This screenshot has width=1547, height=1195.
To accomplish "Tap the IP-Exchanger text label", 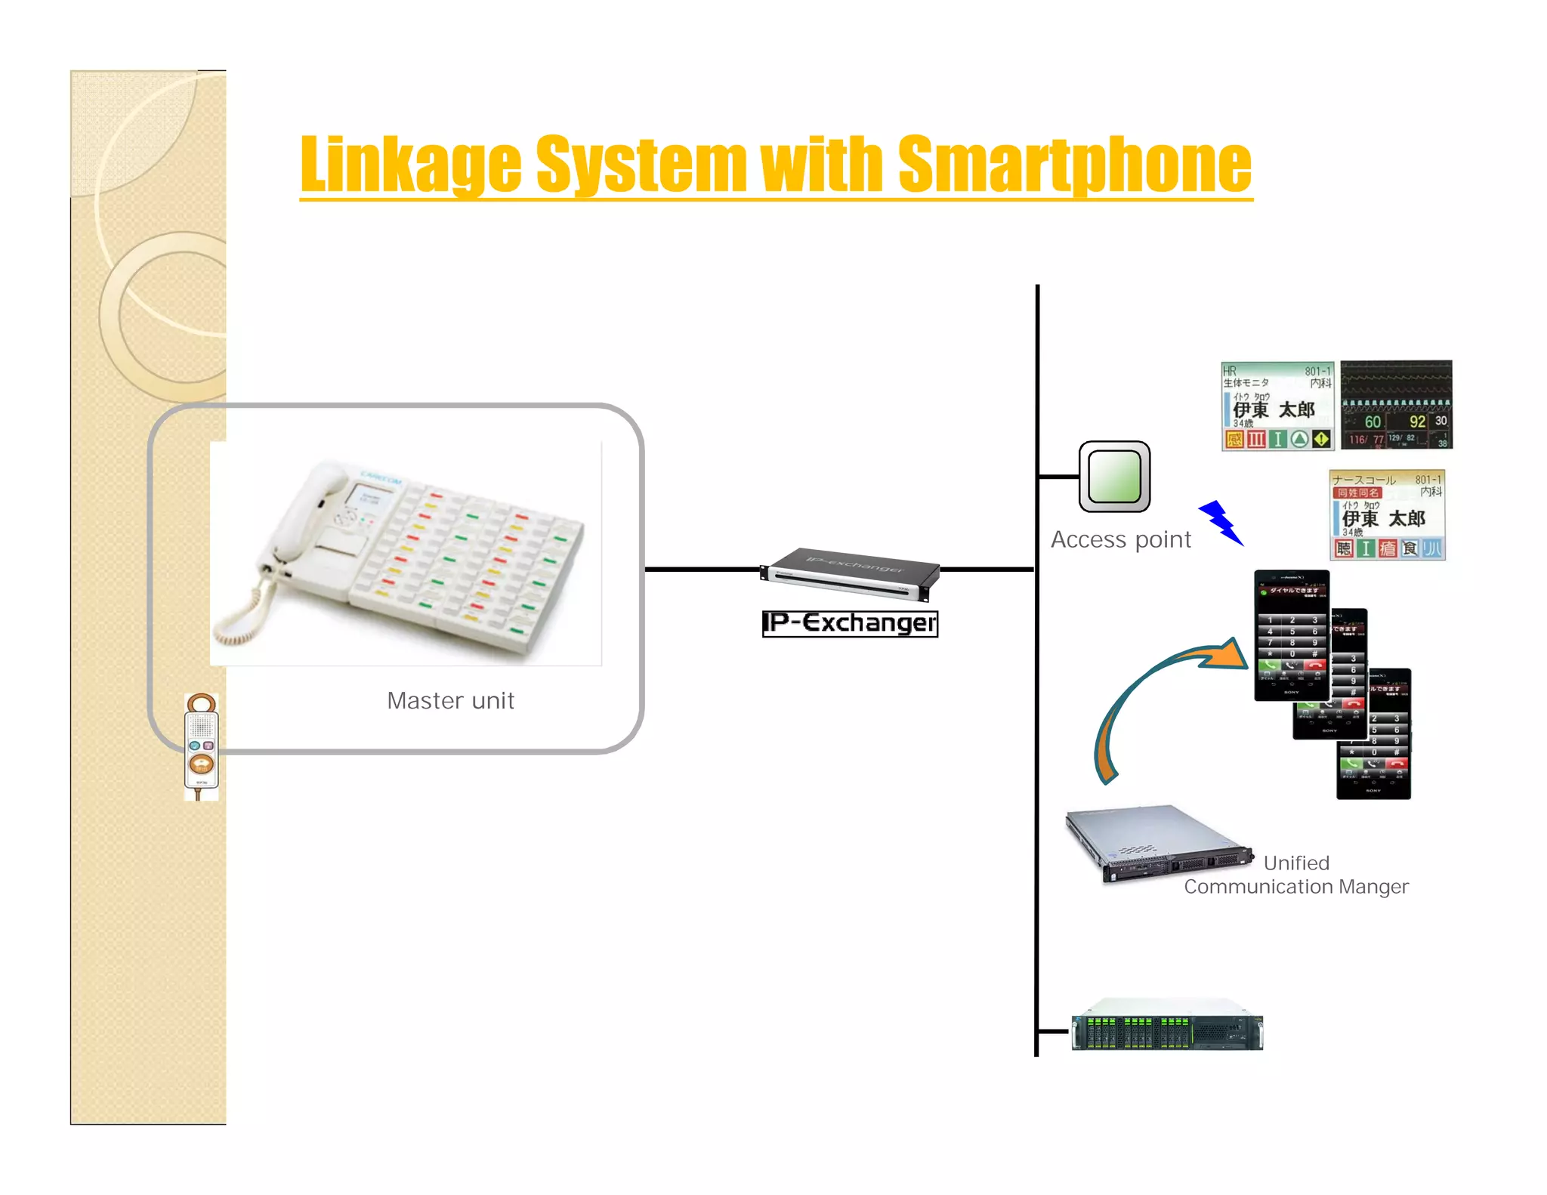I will tap(850, 623).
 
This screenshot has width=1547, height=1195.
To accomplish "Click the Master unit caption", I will tap(450, 700).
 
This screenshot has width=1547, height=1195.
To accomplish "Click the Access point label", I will tap(1120, 539).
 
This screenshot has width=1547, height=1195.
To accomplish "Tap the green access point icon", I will tap(1114, 477).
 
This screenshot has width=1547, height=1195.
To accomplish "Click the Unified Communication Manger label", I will tap(1295, 875).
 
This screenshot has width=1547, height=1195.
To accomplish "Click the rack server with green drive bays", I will tap(1167, 1026).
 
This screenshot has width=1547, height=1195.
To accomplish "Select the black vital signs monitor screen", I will tap(1396, 405).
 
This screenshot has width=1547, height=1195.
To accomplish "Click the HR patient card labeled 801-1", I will tap(1277, 406).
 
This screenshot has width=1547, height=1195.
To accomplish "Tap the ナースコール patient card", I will tap(1387, 514).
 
